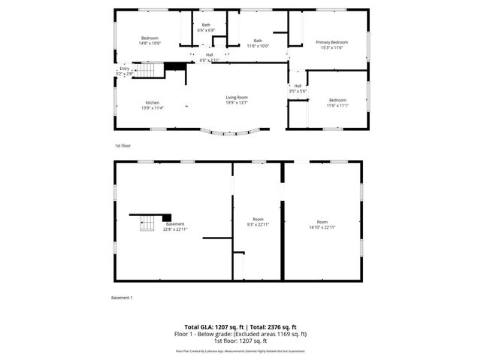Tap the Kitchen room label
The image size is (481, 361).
click(153, 105)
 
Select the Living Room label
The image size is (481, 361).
click(237, 99)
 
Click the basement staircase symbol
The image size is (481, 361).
click(148, 223)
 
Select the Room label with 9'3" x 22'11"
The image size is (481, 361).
click(258, 223)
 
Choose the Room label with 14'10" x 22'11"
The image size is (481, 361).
click(322, 224)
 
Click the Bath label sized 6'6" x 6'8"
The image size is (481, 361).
click(207, 28)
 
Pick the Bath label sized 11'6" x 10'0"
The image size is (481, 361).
click(258, 43)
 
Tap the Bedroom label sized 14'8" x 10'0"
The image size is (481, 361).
click(150, 41)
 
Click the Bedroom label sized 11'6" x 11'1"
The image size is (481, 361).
click(337, 102)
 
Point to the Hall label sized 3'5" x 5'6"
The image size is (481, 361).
click(298, 88)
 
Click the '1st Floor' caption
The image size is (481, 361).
click(122, 145)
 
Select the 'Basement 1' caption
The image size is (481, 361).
click(122, 298)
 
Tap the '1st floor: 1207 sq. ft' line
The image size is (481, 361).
click(240, 340)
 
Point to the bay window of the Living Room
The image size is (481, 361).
click(234, 133)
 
